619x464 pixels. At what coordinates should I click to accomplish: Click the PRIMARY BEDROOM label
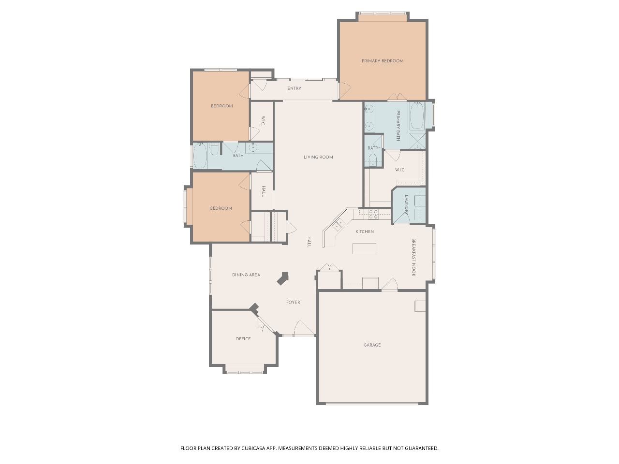pyautogui.click(x=382, y=61)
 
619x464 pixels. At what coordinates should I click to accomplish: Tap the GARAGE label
pyautogui.click(x=372, y=345)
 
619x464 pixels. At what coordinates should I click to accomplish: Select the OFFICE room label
pyautogui.click(x=243, y=339)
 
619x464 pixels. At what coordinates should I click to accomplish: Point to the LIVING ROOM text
pyautogui.click(x=318, y=157)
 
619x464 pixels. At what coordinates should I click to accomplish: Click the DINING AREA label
pyautogui.click(x=246, y=275)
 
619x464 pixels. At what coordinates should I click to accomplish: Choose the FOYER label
pyautogui.click(x=293, y=302)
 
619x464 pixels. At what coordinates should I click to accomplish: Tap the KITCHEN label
pyautogui.click(x=364, y=232)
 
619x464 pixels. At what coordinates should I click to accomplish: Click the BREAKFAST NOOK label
pyautogui.click(x=413, y=257)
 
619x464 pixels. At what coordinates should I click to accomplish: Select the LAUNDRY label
pyautogui.click(x=407, y=205)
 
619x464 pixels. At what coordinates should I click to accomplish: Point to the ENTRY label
pyautogui.click(x=294, y=88)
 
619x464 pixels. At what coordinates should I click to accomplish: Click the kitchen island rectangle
pyautogui.click(x=364, y=248)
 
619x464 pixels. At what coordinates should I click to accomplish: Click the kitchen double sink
pyautogui.click(x=339, y=225)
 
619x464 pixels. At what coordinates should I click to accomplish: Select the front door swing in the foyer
pyautogui.click(x=304, y=328)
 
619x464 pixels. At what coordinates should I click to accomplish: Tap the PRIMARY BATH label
pyautogui.click(x=398, y=126)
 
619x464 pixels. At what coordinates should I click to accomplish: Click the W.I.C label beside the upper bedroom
pyautogui.click(x=263, y=120)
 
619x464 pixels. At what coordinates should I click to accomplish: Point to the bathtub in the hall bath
pyautogui.click(x=200, y=156)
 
